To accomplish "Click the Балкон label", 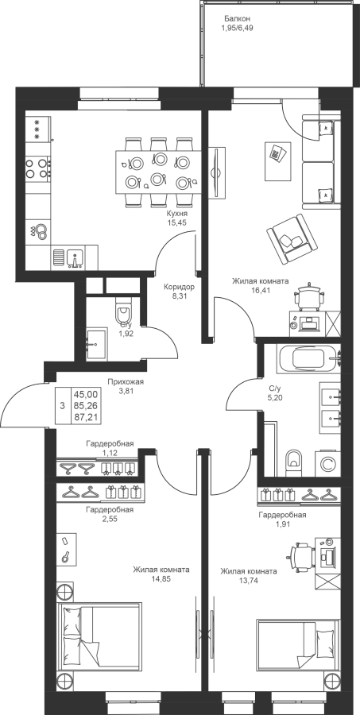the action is (x=238, y=19).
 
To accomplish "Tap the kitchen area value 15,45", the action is (x=177, y=222).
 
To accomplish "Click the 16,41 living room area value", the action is (x=260, y=289).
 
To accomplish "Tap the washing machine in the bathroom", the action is (x=327, y=464).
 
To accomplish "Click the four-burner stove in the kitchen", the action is (x=38, y=168).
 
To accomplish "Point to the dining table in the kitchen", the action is (x=158, y=172).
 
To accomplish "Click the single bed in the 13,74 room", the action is (x=298, y=650).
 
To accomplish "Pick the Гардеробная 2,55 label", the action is (x=110, y=514).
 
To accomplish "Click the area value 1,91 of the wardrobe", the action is (x=281, y=524).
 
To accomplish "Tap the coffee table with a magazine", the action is (x=278, y=160).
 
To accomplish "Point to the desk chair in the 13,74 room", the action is (x=300, y=555).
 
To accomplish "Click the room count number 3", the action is (x=62, y=405).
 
